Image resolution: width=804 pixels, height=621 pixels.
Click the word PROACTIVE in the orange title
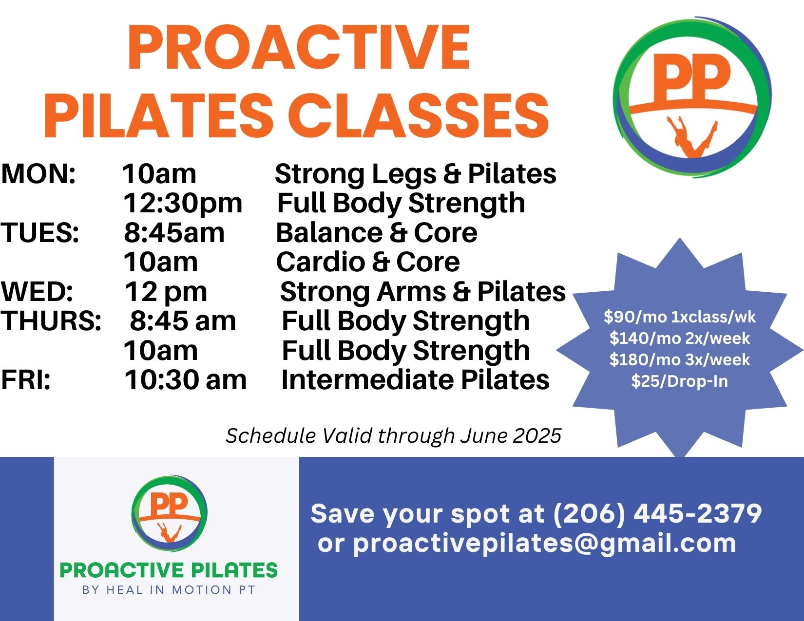click(x=298, y=48)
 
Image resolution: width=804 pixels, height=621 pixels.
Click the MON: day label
click(x=38, y=174)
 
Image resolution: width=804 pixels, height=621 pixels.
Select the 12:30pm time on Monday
click(x=182, y=203)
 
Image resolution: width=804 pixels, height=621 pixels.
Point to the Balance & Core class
click(x=376, y=233)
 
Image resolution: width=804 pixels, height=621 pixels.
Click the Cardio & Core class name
click(x=368, y=262)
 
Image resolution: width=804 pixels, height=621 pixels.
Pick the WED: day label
click(x=37, y=292)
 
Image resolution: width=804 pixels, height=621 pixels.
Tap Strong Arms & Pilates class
click(x=422, y=292)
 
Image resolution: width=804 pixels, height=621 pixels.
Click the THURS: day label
click(x=51, y=321)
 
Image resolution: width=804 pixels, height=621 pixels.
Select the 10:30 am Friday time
click(x=185, y=380)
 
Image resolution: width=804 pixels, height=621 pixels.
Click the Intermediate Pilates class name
click(x=415, y=380)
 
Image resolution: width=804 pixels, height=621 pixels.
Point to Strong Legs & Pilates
click(x=415, y=174)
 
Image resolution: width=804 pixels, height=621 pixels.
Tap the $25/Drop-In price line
click(x=679, y=381)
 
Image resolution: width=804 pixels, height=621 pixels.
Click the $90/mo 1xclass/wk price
click(x=679, y=317)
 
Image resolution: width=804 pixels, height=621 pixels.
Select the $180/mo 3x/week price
click(x=679, y=359)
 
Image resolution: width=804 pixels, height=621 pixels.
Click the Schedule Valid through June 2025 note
click(x=393, y=435)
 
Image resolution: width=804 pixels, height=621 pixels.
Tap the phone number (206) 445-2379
click(x=657, y=513)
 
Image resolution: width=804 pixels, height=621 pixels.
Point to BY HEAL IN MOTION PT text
click(x=169, y=590)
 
